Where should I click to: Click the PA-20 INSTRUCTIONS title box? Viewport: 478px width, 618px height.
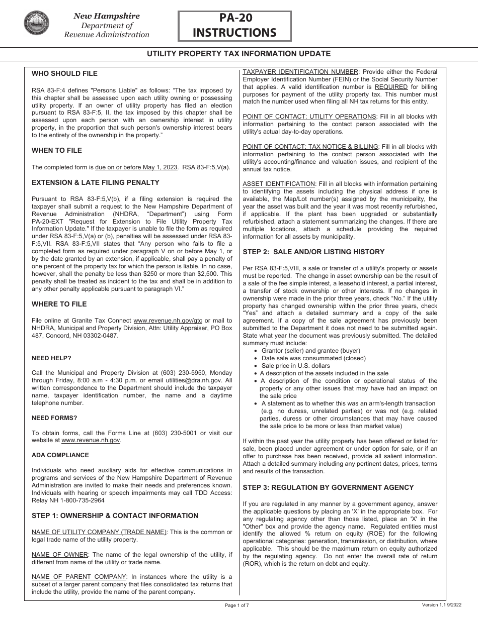pos(234,26)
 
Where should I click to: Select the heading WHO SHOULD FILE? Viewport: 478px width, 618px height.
pos(64,73)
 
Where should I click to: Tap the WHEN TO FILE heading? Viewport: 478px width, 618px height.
pos(57,150)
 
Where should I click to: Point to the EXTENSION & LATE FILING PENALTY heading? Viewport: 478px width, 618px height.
pos(96,182)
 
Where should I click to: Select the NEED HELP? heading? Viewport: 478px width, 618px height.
pos(51,358)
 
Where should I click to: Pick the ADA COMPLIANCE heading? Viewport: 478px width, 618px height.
pos(60,455)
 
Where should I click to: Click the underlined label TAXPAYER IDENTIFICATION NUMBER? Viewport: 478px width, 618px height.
pos(300,72)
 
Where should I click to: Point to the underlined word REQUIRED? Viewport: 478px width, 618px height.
pos(390,87)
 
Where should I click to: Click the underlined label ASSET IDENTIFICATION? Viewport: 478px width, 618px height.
pos(279,184)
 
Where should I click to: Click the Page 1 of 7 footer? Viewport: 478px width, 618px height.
pos(237,605)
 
